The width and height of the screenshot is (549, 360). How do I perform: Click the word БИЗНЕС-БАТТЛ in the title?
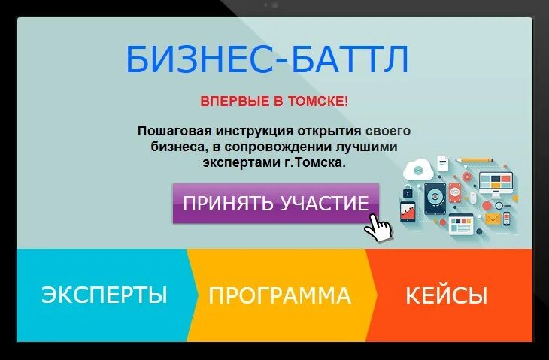tap(267, 59)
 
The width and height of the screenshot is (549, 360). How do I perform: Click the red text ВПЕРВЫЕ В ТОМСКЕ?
tap(274, 101)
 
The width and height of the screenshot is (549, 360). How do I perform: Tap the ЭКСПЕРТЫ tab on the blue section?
tap(104, 295)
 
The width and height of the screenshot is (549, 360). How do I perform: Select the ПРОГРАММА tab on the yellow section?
tap(280, 295)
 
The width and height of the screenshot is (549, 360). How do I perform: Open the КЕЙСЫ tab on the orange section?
tap(446, 295)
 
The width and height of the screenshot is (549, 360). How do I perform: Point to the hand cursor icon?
tap(380, 226)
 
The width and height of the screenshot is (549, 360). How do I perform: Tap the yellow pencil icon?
tap(475, 160)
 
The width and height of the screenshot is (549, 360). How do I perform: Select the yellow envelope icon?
tap(493, 219)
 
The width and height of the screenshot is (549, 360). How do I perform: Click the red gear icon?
tap(466, 177)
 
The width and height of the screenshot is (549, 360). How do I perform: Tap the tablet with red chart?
tap(407, 211)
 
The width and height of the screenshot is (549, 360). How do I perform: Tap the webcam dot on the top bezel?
tap(274, 5)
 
